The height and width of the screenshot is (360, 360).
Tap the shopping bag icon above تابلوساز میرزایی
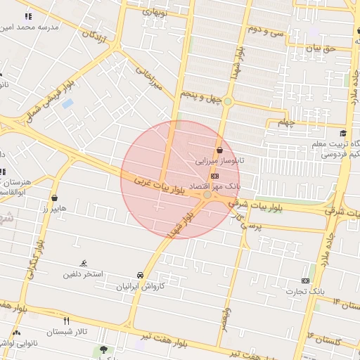(220, 150)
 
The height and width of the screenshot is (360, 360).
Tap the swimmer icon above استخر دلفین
(84, 263)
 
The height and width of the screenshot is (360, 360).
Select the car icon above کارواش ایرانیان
(141, 275)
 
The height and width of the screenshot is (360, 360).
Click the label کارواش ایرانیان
(141, 287)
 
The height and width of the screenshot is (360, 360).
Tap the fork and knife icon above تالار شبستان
(67, 320)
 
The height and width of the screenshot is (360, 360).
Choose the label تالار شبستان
(67, 332)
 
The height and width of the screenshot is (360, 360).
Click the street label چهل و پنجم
(200, 95)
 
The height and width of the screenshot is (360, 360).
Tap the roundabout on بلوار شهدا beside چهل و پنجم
(227, 102)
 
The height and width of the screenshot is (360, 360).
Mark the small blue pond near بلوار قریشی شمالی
(67, 103)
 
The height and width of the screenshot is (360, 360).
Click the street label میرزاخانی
(148, 79)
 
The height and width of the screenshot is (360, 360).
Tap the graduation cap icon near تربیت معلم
(342, 134)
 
